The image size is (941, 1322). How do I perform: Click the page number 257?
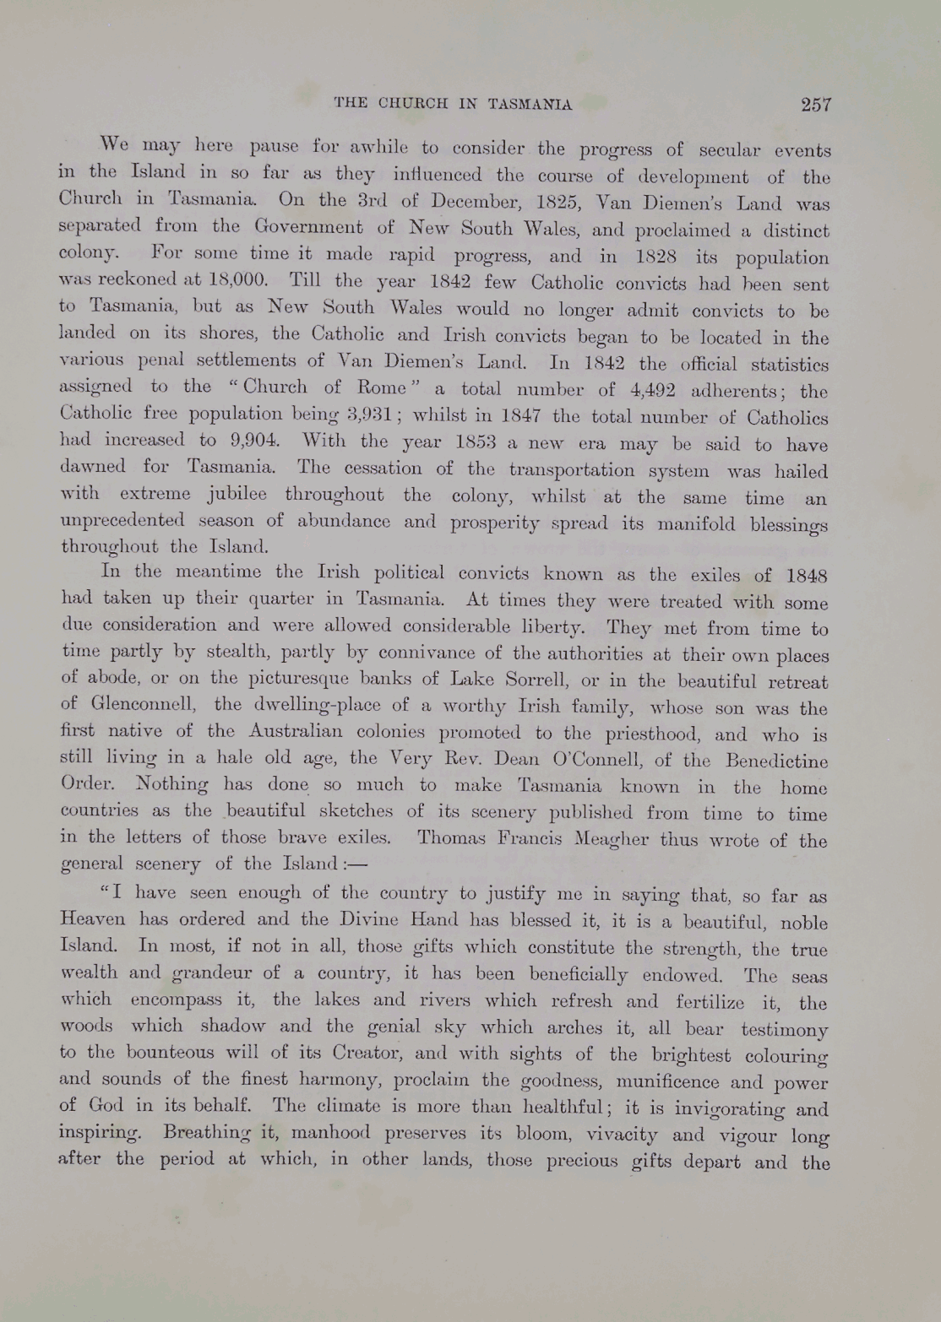point(816,105)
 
